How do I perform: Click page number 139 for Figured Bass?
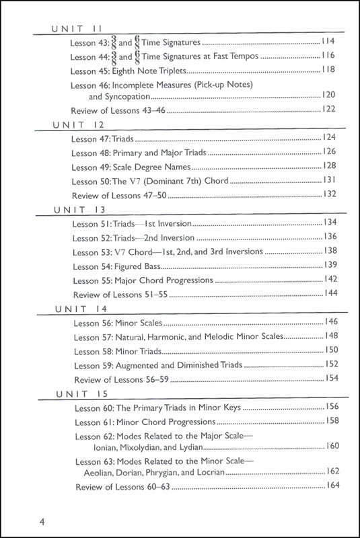pos(329,265)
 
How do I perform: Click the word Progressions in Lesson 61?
pos(188,422)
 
